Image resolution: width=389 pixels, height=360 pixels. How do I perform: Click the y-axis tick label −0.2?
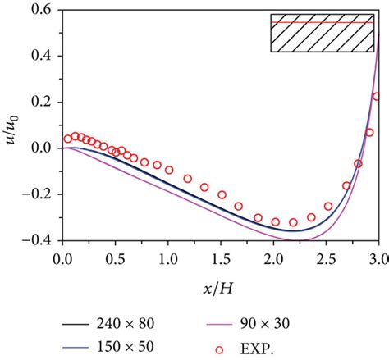click(x=43, y=195)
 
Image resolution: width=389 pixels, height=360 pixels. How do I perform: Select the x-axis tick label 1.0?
click(x=168, y=257)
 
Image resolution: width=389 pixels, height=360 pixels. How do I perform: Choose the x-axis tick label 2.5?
click(x=326, y=257)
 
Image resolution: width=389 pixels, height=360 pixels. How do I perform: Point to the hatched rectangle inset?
click(x=323, y=33)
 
